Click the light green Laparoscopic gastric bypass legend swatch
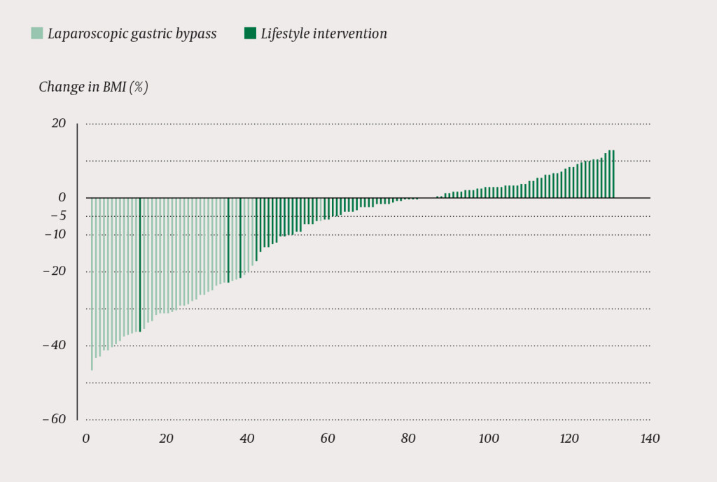click(x=37, y=33)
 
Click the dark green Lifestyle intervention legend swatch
click(x=250, y=33)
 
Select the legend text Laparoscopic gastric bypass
click(x=132, y=34)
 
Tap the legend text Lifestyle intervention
click(x=323, y=34)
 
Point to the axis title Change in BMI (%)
click(x=93, y=87)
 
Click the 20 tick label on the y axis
click(x=58, y=124)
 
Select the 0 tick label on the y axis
click(x=62, y=198)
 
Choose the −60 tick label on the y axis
click(x=55, y=420)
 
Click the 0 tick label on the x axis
click(x=86, y=439)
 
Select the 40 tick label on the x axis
click(x=247, y=439)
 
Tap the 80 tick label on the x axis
click(x=408, y=439)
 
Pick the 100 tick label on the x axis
click(x=489, y=439)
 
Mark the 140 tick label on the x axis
click(x=650, y=439)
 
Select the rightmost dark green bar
click(x=613, y=174)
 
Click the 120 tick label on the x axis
click(x=569, y=439)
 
